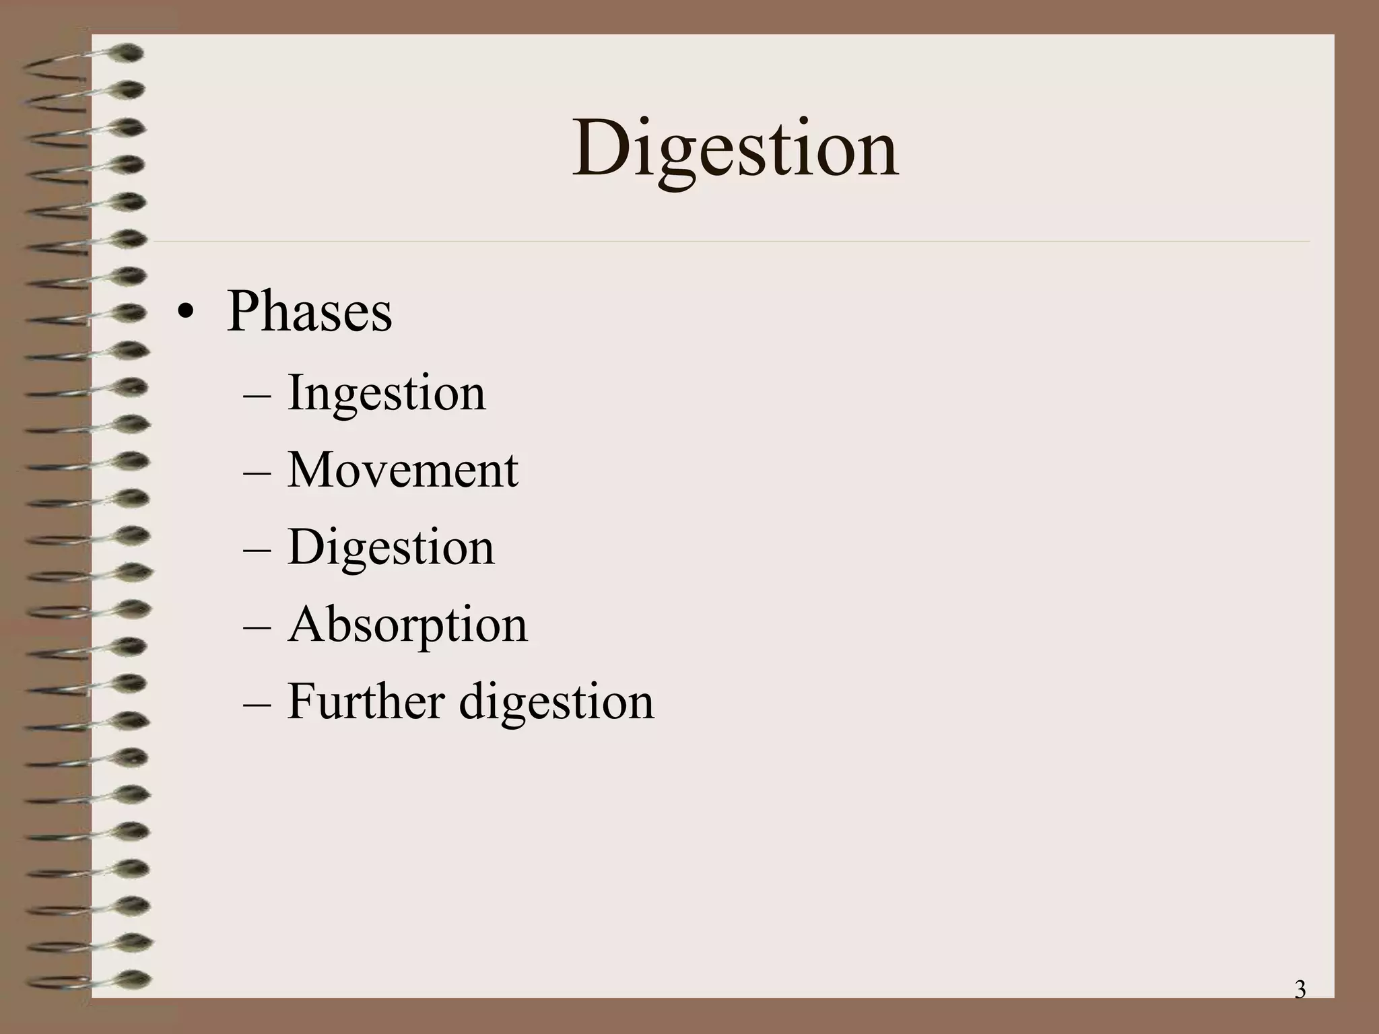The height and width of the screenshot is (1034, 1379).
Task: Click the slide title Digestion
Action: click(735, 149)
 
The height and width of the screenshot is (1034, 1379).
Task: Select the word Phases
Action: click(309, 312)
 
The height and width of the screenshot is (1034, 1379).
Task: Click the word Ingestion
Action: click(386, 393)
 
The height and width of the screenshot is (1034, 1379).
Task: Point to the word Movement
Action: click(403, 470)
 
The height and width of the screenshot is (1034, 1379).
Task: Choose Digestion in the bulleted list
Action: click(391, 547)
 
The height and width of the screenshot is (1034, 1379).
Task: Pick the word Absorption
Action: click(407, 625)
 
